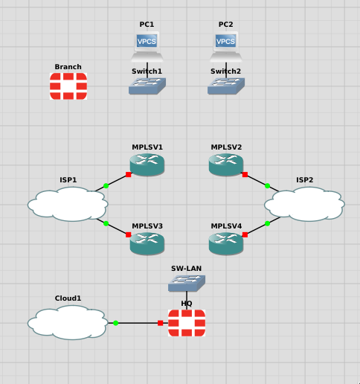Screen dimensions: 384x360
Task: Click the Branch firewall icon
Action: [68, 86]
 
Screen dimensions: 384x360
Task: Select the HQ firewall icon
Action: [186, 323]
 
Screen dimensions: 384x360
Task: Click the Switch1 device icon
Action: [147, 85]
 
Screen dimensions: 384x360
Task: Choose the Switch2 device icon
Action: [226, 85]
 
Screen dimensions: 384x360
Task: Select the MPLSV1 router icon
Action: [147, 165]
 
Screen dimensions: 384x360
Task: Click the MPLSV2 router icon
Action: [226, 165]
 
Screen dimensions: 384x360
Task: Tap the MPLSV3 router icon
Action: [147, 243]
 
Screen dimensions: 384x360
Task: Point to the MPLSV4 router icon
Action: [226, 243]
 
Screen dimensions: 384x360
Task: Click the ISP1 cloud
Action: [68, 203]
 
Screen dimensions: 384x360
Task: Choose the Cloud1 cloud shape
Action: [68, 322]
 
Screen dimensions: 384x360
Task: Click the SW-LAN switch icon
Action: [186, 282]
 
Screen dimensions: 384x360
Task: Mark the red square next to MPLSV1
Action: [129, 175]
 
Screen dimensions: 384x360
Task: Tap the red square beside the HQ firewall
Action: [160, 323]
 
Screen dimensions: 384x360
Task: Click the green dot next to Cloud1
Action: [116, 323]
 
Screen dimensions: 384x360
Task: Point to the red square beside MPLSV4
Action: [245, 234]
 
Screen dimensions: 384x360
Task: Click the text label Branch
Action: [68, 67]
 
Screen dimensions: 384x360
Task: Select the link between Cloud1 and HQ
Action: [138, 323]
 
